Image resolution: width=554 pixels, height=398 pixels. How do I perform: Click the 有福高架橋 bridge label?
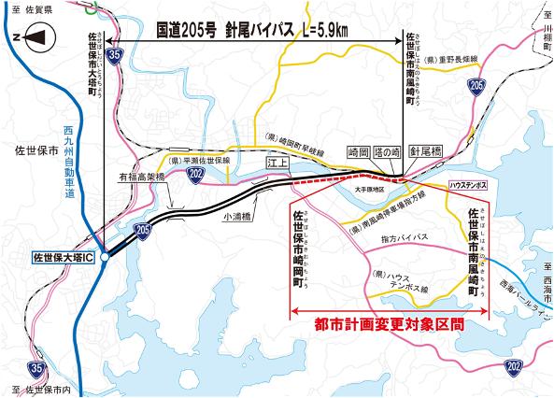tap(141, 176)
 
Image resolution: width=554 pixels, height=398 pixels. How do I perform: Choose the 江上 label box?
tap(277, 162)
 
